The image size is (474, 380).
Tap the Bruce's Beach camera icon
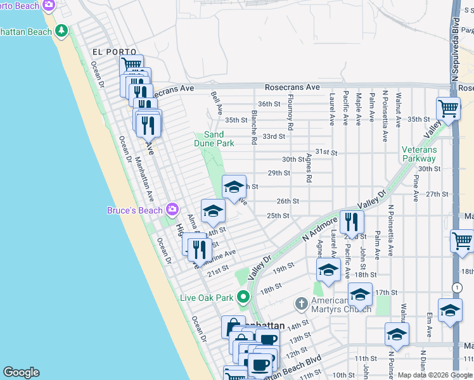pos(172,210)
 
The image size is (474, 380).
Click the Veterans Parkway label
pos(419,154)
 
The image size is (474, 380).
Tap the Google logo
pos(21,372)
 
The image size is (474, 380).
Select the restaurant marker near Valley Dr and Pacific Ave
pos(350,222)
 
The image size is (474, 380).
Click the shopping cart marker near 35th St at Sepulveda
pos(449,109)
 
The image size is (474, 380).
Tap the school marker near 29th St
pos(234,186)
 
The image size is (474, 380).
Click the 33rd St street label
pos(274,136)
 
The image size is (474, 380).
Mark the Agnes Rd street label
pos(309,168)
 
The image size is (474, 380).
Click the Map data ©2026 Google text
pos(434,374)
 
